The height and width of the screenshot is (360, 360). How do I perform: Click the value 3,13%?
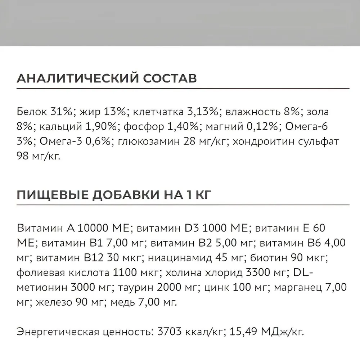click(202, 112)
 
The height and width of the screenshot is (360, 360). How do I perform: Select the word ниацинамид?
click(164, 258)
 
